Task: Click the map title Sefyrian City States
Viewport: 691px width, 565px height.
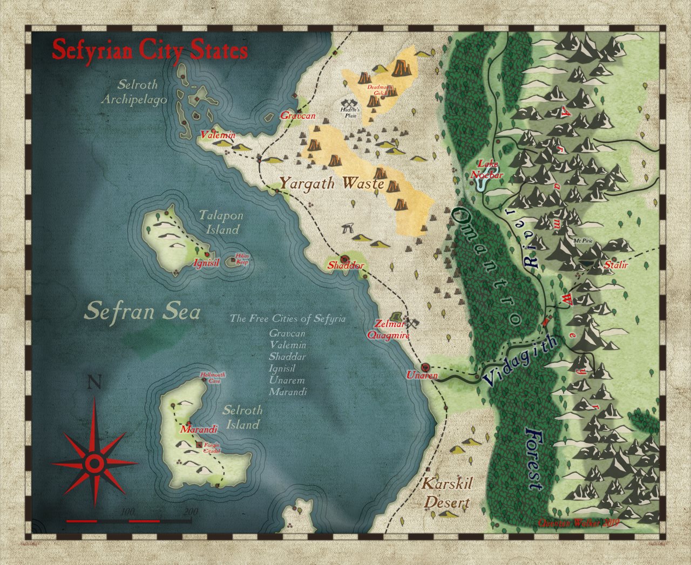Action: click(150, 51)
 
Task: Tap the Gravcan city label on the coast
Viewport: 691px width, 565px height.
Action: click(297, 115)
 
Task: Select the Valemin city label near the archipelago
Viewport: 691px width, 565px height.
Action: click(218, 135)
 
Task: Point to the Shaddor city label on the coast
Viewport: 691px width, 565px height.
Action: click(346, 266)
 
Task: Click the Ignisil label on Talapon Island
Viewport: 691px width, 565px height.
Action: click(206, 263)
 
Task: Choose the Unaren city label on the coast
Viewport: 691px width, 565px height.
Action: click(422, 375)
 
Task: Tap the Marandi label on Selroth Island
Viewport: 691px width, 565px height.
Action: click(199, 430)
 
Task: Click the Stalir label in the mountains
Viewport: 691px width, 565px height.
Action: click(616, 265)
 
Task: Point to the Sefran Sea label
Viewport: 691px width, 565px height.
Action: click(143, 311)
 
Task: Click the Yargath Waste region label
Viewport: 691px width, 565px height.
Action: click(331, 183)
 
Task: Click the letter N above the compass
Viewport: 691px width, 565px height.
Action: click(94, 383)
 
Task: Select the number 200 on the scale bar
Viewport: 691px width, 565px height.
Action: click(191, 512)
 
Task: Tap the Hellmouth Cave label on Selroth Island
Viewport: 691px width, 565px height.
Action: click(212, 377)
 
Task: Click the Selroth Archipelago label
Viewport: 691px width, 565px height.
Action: click(141, 92)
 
